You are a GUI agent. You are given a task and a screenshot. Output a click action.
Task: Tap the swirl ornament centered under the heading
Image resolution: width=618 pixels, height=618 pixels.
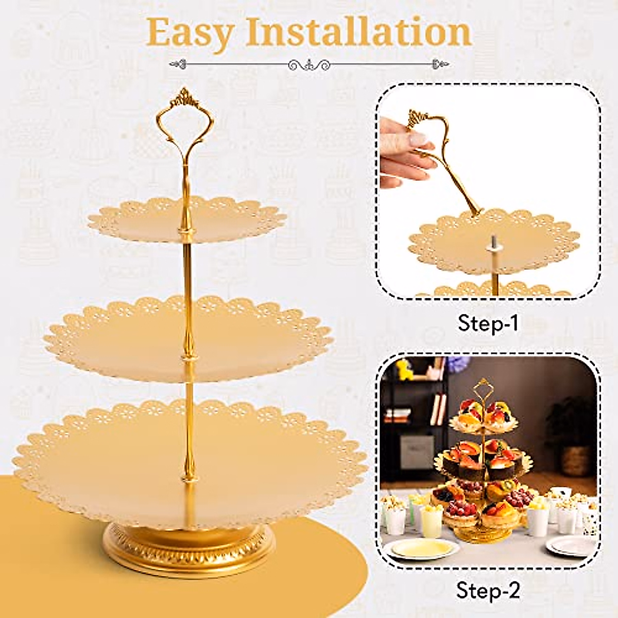coord(309,65)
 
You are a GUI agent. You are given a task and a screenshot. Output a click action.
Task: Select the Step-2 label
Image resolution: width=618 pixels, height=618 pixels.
coord(488,591)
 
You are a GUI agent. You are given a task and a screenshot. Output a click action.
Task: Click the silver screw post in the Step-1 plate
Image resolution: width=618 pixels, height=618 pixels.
coord(493,242)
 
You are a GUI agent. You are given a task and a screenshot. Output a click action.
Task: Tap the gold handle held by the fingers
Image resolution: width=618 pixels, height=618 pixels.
coord(448,165)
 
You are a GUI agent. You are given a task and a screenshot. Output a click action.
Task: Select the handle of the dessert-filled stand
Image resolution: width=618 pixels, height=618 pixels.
coord(483,391)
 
